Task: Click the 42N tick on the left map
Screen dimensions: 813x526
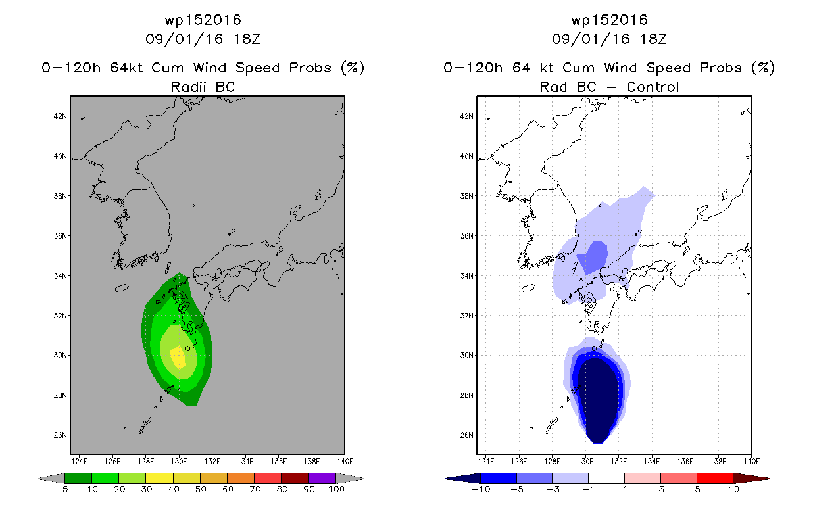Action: click(61, 116)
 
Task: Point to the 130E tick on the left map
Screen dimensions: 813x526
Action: click(179, 462)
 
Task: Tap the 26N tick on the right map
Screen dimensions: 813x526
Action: click(467, 435)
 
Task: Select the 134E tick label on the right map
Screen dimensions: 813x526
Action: click(652, 462)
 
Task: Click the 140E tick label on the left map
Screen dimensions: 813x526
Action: click(345, 462)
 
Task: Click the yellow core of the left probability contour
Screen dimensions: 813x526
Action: click(178, 356)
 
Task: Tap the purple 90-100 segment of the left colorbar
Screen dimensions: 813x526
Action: click(322, 478)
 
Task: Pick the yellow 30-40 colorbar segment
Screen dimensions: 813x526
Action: click(159, 478)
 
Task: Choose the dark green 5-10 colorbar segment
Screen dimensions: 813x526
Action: click(78, 478)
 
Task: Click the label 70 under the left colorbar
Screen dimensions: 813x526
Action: click(255, 489)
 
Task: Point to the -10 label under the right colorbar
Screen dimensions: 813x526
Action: click(481, 489)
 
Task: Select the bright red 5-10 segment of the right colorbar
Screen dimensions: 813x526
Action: click(715, 478)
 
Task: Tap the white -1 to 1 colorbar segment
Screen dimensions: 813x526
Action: click(606, 478)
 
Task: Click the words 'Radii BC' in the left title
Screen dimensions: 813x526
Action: click(203, 87)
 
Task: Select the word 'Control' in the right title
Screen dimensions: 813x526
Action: click(653, 87)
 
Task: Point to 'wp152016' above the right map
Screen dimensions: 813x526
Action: click(610, 20)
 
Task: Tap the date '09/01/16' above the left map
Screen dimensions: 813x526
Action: click(184, 39)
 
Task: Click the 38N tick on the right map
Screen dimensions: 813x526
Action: click(467, 196)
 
